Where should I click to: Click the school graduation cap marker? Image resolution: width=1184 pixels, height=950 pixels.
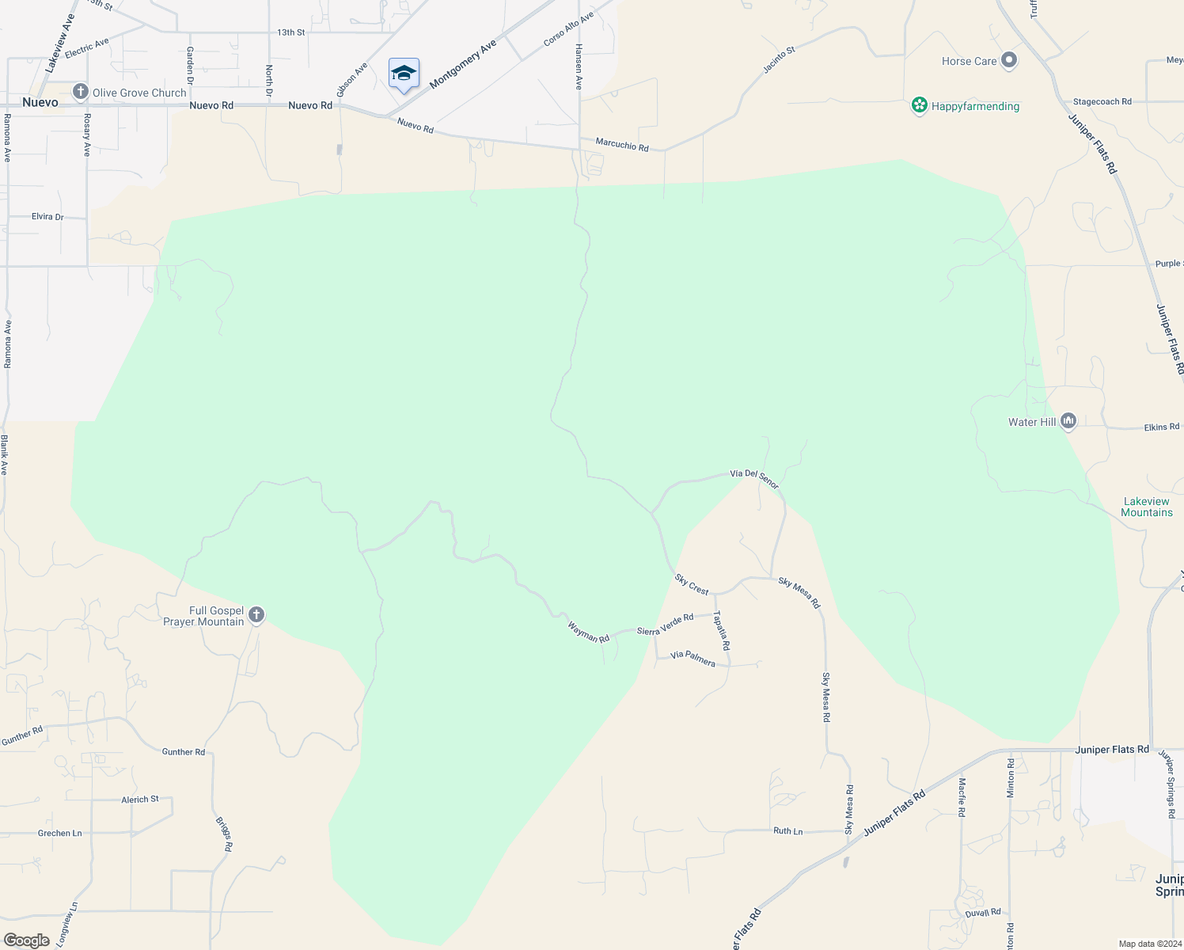(x=404, y=74)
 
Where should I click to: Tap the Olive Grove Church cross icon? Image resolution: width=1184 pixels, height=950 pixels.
(x=80, y=93)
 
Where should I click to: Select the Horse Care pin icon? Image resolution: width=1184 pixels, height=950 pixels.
(x=1008, y=61)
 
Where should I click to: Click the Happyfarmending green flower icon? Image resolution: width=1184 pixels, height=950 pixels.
(x=919, y=106)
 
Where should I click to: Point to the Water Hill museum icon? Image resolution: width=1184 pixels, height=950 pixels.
(x=1068, y=421)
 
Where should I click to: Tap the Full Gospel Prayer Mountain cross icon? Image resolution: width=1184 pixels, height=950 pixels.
(x=256, y=615)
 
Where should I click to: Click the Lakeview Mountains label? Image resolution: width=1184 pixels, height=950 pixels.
(x=1146, y=507)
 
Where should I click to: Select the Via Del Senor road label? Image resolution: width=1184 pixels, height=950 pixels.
(x=754, y=477)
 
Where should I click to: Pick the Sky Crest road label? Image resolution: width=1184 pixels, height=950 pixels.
(x=692, y=584)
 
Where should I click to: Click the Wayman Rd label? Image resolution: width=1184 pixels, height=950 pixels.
(x=588, y=632)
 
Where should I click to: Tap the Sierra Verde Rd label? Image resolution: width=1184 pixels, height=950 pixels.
(x=665, y=624)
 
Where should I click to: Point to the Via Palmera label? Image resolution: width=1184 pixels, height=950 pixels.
(x=693, y=659)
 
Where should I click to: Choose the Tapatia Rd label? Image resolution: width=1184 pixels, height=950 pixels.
(x=722, y=630)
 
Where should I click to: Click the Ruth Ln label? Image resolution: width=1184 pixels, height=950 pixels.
(x=787, y=831)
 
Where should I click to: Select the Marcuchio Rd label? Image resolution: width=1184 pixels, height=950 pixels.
(x=621, y=145)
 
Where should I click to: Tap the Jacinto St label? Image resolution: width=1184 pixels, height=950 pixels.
(x=779, y=61)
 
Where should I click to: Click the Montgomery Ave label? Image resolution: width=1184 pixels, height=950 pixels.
(x=463, y=64)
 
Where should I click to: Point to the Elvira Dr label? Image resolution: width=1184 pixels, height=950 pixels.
(x=47, y=216)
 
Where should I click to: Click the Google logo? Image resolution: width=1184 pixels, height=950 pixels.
(x=26, y=940)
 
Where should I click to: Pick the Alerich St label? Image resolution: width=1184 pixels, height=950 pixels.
(x=140, y=800)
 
